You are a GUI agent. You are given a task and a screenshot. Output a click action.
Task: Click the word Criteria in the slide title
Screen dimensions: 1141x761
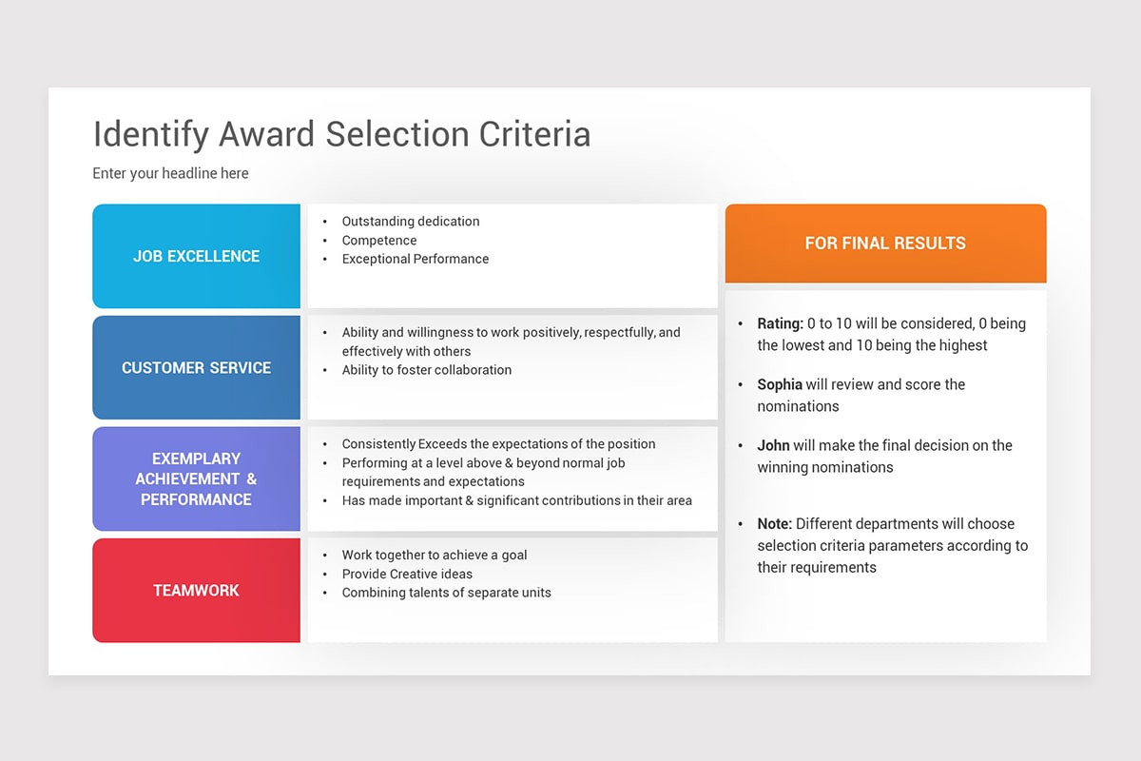point(534,134)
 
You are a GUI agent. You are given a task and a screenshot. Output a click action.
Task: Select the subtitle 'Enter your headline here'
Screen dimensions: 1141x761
point(170,173)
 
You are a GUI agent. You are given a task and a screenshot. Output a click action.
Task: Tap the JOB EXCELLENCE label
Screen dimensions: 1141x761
point(196,256)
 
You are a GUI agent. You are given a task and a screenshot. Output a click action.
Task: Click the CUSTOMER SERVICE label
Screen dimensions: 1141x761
point(196,367)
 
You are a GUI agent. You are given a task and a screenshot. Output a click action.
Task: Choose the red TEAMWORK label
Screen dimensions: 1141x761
point(196,590)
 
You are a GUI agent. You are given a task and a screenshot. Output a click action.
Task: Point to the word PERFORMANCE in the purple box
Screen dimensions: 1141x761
point(196,499)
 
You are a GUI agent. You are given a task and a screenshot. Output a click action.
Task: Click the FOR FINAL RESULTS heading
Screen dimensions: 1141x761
point(885,244)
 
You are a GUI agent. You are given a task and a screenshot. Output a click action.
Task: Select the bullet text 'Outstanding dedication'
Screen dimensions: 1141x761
point(411,222)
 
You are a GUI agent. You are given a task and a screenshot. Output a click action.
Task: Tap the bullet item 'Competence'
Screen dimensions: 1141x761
point(379,240)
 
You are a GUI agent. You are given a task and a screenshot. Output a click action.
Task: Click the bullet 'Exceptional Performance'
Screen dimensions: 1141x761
point(416,259)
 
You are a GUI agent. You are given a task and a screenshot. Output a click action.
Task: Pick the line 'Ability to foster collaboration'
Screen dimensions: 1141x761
point(426,370)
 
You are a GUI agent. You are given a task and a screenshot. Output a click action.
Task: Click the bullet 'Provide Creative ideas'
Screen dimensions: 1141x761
point(407,574)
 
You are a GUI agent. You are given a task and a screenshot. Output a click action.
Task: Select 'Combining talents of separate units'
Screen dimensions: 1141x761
point(446,593)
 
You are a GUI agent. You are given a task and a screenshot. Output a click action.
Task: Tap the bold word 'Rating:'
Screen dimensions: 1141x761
point(780,323)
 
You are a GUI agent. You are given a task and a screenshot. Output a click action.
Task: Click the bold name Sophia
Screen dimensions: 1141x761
point(780,384)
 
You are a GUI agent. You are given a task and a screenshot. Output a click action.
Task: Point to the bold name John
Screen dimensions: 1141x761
point(773,445)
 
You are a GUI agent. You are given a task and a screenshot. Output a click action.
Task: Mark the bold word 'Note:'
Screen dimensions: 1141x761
point(774,524)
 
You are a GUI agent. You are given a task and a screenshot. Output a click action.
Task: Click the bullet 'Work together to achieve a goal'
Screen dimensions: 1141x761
point(435,556)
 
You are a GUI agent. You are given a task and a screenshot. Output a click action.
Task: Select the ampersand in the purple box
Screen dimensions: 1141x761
point(252,479)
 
